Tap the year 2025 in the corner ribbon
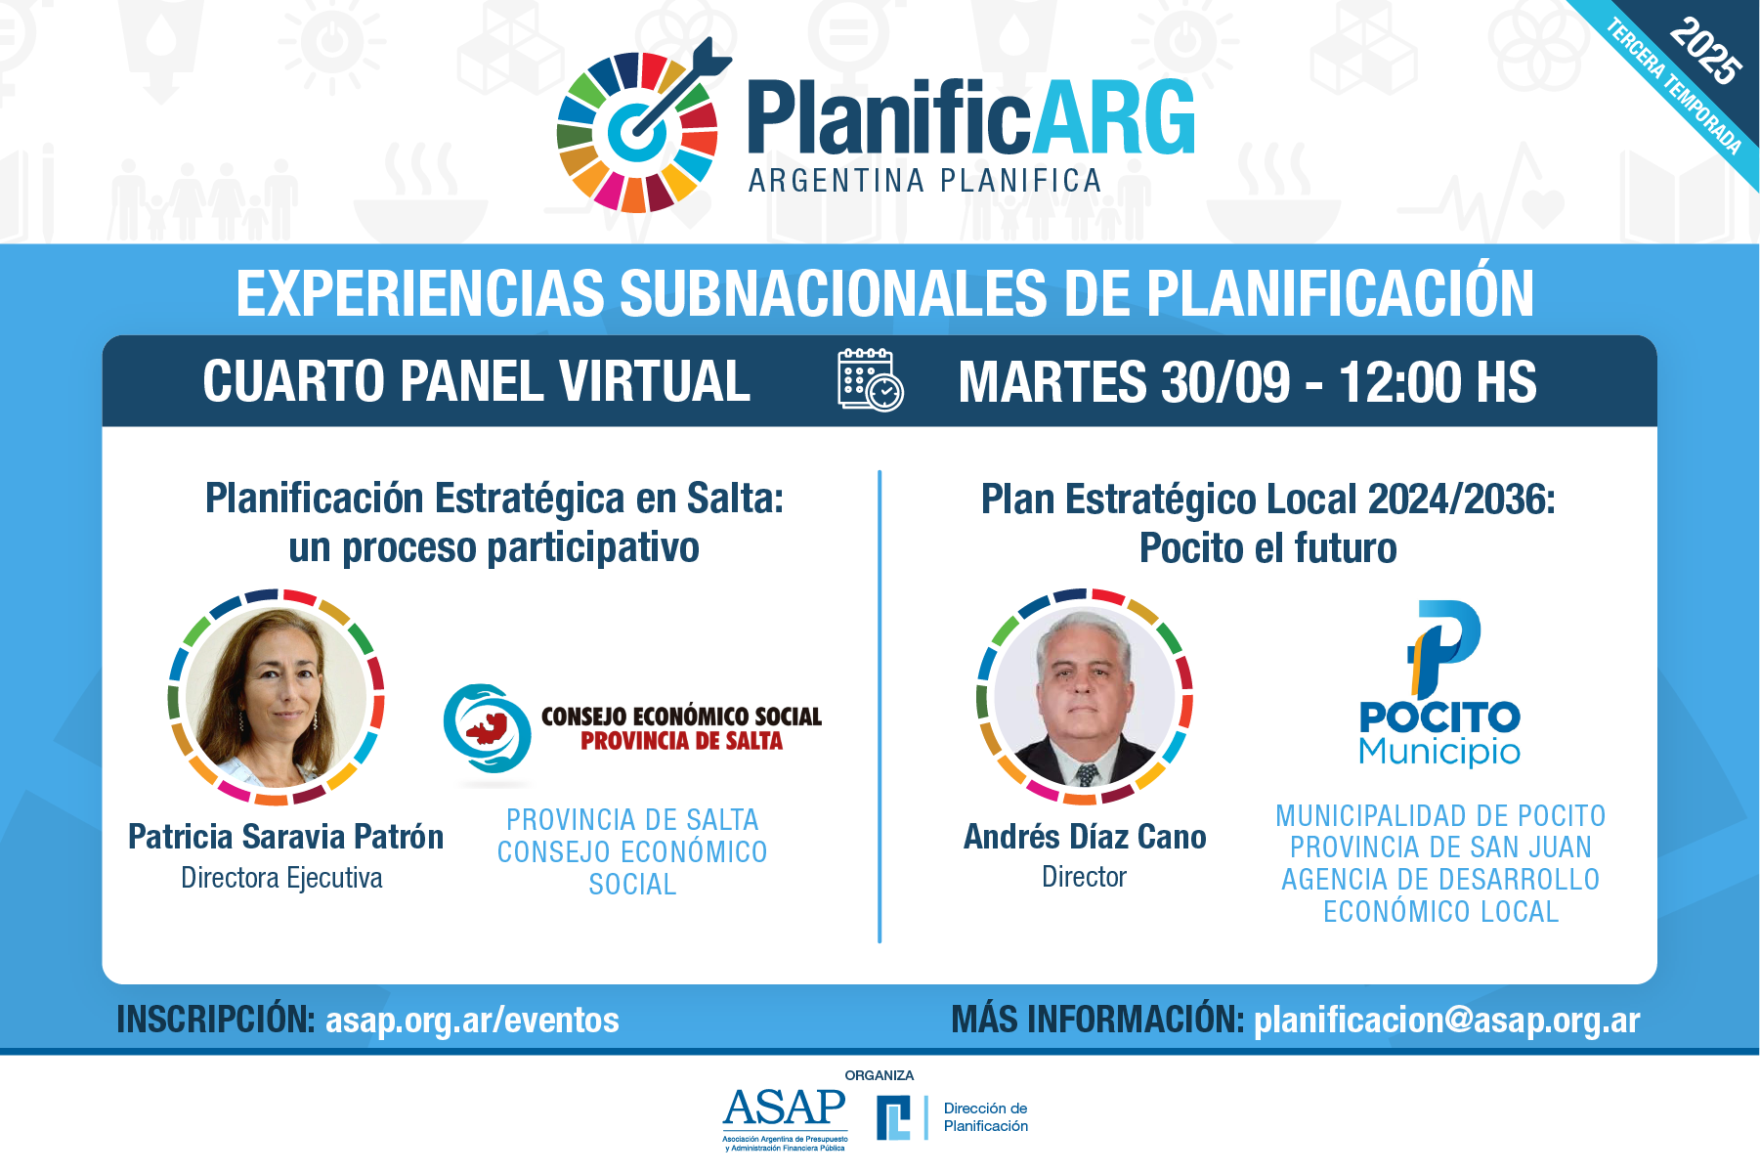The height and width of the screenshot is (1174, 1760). [1705, 51]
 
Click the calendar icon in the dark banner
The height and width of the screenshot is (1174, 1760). [870, 379]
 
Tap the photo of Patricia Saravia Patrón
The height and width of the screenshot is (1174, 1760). [277, 697]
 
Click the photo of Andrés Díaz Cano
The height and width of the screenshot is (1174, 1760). [1085, 697]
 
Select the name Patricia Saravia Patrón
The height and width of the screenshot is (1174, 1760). [285, 837]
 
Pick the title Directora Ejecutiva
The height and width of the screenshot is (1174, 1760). [281, 878]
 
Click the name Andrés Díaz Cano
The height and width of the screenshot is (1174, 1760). [1085, 837]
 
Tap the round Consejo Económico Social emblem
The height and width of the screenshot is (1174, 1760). [488, 730]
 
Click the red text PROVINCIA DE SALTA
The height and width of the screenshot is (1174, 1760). [682, 741]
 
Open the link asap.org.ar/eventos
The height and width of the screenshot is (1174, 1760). [472, 1020]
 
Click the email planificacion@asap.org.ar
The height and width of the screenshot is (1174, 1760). [1447, 1020]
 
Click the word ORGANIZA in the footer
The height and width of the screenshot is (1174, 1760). [880, 1075]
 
